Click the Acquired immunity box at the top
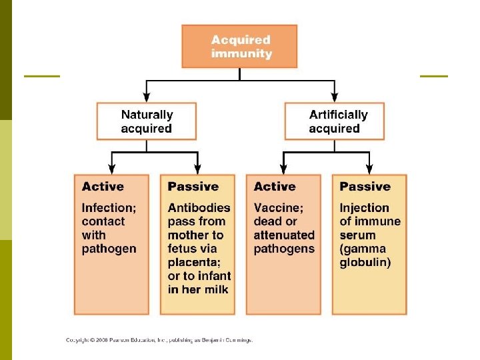point(240,46)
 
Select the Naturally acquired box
point(147,121)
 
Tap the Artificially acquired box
point(335,121)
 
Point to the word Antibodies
point(199,208)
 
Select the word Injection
point(364,208)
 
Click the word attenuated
point(284,235)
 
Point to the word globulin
point(365,262)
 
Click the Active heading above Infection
point(103,187)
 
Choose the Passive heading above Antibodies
point(193,187)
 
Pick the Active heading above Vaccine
point(275,187)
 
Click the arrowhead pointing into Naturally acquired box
point(147,97)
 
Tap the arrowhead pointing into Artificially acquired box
point(335,97)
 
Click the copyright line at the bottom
point(159,340)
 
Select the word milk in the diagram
point(217,289)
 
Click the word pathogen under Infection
point(109,249)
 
